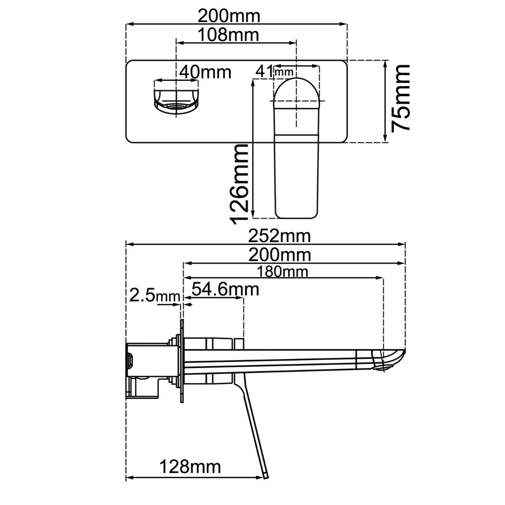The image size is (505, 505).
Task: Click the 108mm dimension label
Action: pos(228,35)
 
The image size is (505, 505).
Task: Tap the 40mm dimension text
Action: pos(205,72)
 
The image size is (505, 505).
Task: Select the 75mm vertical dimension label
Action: pos(400,98)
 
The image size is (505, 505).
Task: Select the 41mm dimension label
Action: pos(274,72)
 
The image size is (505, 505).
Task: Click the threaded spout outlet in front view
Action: pos(176,106)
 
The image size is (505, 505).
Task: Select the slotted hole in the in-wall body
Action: pos(130,360)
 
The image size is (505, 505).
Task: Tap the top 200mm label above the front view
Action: pos(229,16)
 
